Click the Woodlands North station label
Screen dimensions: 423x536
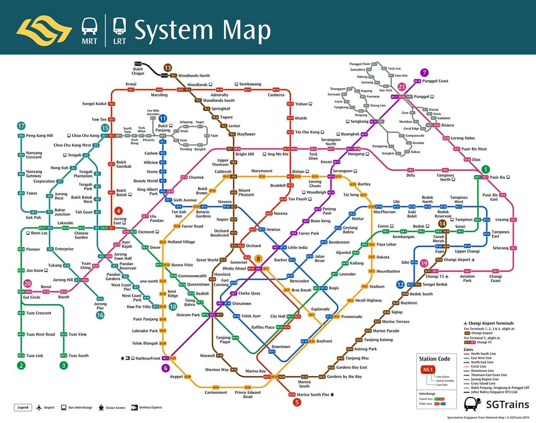pos(194,76)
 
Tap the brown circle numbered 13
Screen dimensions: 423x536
pos(167,68)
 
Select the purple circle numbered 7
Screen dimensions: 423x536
pos(424,73)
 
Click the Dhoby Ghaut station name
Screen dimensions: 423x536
pos(234,268)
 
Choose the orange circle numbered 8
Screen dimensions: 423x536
pos(258,259)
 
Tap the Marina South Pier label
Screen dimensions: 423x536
pos(313,394)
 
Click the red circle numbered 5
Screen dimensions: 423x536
pos(297,402)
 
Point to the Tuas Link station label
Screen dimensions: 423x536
pos(35,356)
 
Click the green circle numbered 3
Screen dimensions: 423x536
pos(64,365)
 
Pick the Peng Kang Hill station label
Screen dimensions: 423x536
pos(40,136)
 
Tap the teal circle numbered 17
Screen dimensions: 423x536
pos(21,126)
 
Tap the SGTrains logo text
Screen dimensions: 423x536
pos(504,403)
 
